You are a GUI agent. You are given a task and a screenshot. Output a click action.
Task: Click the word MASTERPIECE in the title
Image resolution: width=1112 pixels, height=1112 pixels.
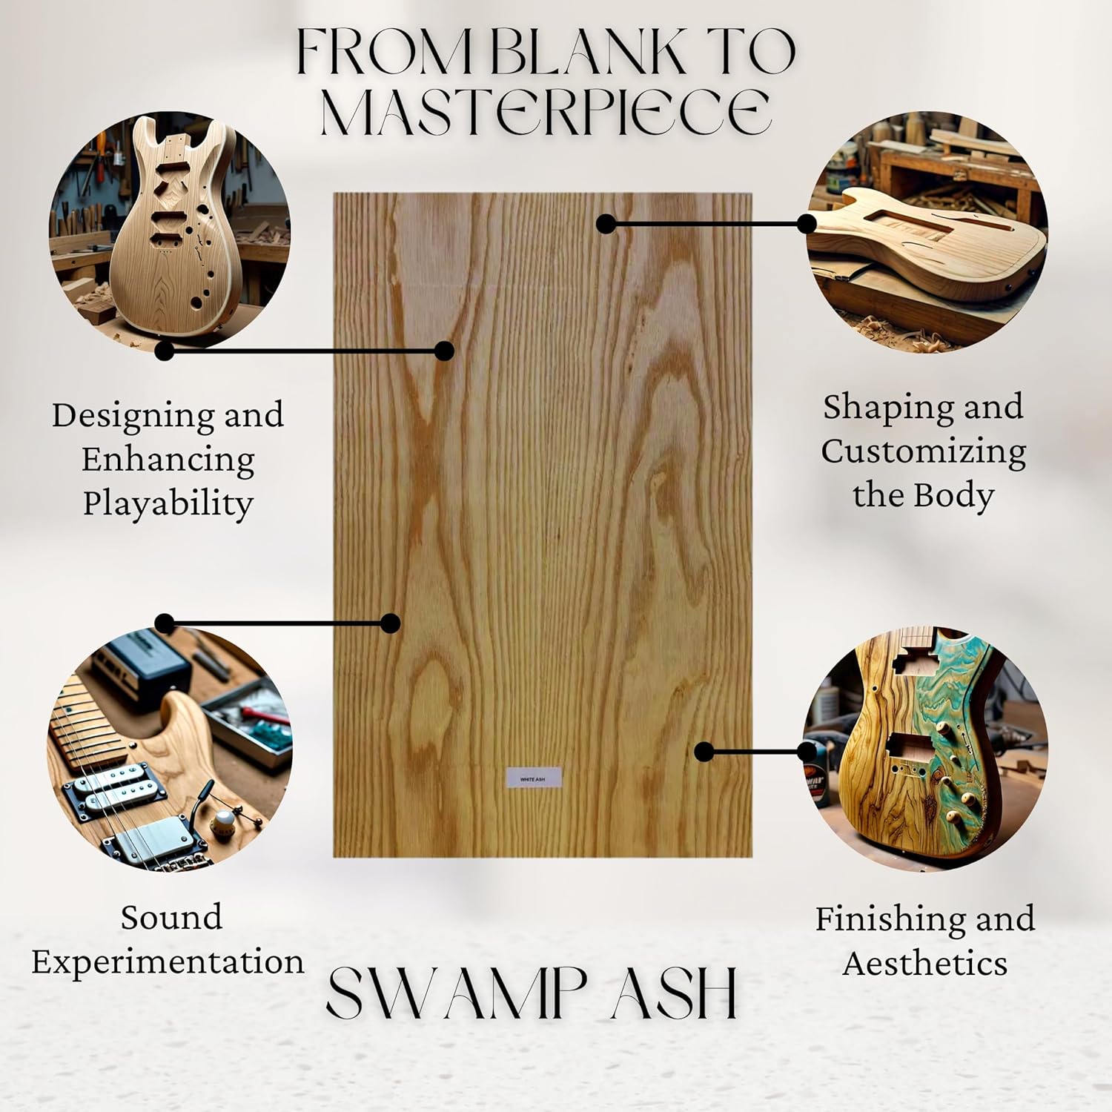coord(546,112)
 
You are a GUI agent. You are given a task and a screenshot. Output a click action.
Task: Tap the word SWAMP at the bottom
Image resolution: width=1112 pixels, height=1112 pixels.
coord(456,993)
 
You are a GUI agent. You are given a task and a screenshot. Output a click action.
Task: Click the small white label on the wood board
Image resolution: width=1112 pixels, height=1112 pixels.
coord(533,778)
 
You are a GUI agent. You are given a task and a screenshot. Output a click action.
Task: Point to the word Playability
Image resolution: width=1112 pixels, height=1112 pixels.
coord(168,504)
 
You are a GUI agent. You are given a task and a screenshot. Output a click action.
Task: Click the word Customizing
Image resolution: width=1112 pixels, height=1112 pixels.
coord(923,451)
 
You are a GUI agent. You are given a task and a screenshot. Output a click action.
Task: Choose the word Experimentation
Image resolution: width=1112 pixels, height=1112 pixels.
coord(168,962)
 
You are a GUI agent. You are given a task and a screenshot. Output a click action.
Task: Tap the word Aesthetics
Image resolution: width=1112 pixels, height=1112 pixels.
coord(924,964)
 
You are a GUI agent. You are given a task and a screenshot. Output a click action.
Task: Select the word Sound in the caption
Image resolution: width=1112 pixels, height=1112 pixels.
coord(171,918)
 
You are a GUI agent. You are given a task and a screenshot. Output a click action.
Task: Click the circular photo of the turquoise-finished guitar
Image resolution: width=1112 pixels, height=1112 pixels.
coord(924,749)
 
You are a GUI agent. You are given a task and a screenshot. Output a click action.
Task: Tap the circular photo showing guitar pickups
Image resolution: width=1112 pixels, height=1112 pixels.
coord(169,749)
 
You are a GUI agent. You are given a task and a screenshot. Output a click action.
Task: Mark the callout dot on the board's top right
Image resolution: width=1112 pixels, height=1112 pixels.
coord(606,223)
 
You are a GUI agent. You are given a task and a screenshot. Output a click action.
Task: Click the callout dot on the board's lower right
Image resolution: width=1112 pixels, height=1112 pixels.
coord(704,752)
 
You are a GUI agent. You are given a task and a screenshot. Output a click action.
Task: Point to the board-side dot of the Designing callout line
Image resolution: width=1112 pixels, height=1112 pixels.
coord(444,351)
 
